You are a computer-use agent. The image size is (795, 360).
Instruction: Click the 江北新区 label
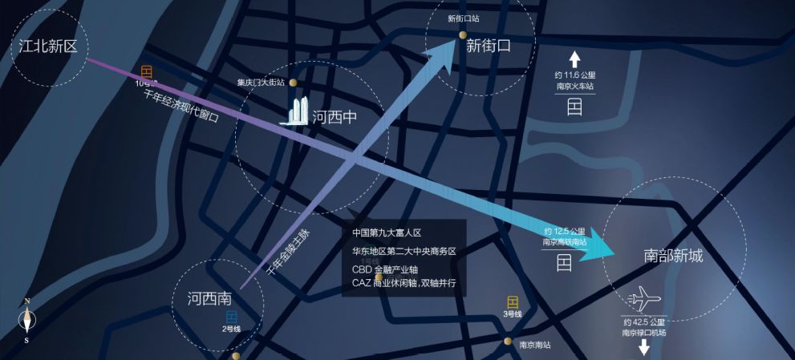[48, 46]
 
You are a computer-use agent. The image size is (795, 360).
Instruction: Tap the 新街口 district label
[488, 47]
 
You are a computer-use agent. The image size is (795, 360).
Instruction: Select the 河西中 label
[334, 118]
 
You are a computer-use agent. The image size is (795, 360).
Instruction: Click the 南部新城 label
[673, 256]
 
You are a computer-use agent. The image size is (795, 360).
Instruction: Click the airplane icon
[645, 300]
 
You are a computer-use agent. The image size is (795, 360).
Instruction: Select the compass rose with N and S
[28, 321]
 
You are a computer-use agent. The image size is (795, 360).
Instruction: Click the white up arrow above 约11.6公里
[574, 58]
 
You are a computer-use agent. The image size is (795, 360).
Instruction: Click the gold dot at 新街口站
[463, 34]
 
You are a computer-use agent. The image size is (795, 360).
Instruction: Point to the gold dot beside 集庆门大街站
[294, 82]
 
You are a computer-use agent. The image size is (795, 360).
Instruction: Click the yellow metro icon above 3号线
[513, 301]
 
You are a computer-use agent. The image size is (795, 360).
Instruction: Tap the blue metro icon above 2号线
[231, 317]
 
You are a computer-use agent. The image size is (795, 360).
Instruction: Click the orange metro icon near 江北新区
[146, 71]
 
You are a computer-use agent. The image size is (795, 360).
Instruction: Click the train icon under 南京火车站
[574, 107]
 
